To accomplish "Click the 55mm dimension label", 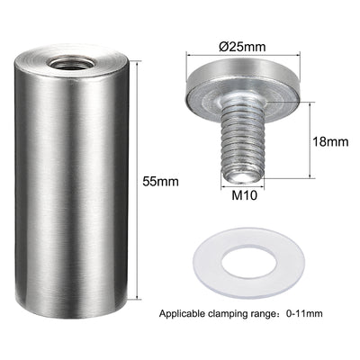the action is (x=160, y=182).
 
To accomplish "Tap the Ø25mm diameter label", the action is (x=242, y=47).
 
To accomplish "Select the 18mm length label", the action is (x=330, y=141).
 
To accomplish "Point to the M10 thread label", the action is (x=245, y=195).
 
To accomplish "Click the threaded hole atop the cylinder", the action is (x=71, y=64).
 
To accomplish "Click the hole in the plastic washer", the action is (x=248, y=263).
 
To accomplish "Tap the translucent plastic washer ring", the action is (x=207, y=264).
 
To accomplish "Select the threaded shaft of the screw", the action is (x=243, y=141).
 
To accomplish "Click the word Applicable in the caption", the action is (x=182, y=314).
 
